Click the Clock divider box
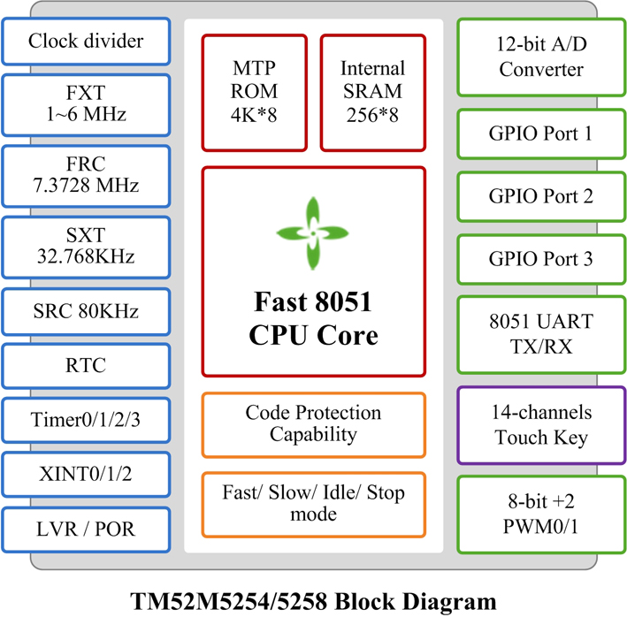point(86,42)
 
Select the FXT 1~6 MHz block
point(86,105)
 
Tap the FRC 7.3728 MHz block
point(86,176)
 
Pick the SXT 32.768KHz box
point(86,248)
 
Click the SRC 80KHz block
point(86,312)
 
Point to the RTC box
point(86,366)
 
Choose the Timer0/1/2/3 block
point(86,421)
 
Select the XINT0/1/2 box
point(86,475)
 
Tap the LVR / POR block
point(86,529)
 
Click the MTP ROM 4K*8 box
point(255,93)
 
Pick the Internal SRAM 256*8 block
point(372,93)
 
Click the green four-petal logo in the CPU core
point(313,233)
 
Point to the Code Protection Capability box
point(313,425)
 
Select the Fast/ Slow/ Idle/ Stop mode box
point(313,505)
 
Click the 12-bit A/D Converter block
point(541,57)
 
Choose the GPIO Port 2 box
point(541,196)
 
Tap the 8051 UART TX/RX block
point(541,334)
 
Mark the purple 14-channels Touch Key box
point(541,425)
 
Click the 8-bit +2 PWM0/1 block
point(541,514)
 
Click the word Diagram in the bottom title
point(449,602)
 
